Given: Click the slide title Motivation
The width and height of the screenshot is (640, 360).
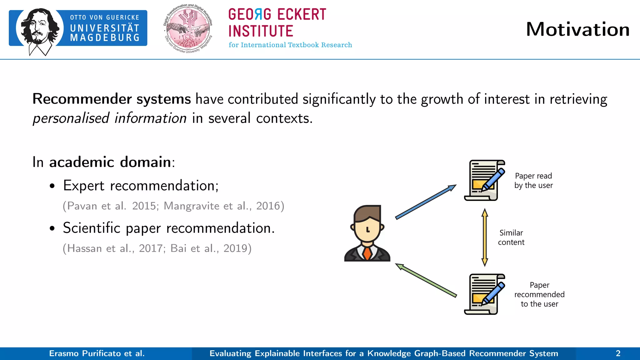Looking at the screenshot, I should [x=577, y=29].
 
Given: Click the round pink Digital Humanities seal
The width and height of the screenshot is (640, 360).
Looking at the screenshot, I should [x=188, y=29].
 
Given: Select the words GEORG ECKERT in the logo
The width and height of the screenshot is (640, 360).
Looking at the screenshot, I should [x=277, y=15].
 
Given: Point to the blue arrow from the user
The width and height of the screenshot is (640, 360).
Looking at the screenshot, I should [x=426, y=202].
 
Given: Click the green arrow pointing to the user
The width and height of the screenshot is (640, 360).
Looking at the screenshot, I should [x=426, y=280].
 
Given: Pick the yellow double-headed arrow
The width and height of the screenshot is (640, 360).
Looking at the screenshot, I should [x=485, y=237].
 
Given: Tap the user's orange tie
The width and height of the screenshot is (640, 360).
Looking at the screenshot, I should [x=367, y=253].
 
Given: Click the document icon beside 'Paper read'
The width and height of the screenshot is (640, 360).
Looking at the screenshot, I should [x=484, y=180].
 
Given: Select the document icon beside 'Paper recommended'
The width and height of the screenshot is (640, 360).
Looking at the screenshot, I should [x=484, y=294].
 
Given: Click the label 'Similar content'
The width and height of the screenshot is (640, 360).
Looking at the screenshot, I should [x=511, y=237].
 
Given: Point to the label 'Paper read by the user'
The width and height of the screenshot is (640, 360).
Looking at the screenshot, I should [x=533, y=181].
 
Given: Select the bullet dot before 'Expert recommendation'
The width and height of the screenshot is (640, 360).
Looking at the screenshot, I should [x=52, y=186].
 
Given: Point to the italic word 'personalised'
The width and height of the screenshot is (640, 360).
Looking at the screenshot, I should [x=71, y=118].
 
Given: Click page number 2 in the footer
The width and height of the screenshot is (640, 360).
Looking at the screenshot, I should [x=618, y=353].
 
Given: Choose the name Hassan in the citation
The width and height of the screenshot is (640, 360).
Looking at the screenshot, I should [x=84, y=248].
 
